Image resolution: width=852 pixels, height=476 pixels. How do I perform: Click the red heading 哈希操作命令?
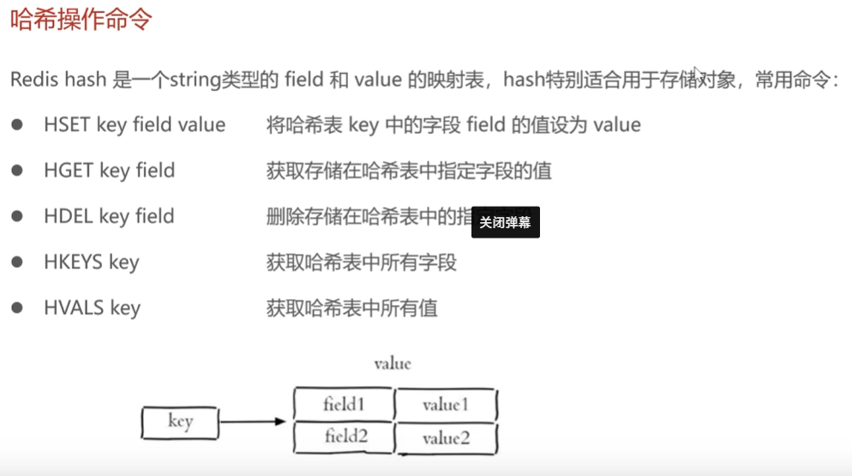coord(81,20)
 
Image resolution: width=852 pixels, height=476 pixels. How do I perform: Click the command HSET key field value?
coord(135,125)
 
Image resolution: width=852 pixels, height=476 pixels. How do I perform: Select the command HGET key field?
coord(109,171)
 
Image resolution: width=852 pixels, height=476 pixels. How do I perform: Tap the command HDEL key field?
coord(109,216)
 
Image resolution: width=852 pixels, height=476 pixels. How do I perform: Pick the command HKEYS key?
coord(91,262)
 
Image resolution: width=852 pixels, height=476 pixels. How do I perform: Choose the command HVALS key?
coord(92,307)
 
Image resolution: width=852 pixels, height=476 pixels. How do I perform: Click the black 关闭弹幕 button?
coord(505,222)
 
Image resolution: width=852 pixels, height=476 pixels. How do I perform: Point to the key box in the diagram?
coord(180,421)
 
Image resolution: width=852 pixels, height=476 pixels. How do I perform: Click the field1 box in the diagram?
coord(344,404)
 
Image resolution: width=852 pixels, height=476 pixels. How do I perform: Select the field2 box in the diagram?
coord(344,437)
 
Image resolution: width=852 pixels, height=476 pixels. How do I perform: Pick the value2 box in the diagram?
coord(446,438)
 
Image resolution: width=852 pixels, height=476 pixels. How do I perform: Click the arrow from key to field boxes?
coord(253,421)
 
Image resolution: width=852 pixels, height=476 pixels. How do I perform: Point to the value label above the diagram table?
coord(392,364)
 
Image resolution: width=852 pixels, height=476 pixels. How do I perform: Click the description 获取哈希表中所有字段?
coord(361,262)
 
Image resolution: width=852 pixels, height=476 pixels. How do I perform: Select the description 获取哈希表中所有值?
coord(351,307)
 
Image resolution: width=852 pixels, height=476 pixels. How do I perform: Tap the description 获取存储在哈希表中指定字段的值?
coord(408,171)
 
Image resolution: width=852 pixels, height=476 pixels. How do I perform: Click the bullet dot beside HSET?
coord(15,125)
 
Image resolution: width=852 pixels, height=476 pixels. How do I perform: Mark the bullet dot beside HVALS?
coord(15,307)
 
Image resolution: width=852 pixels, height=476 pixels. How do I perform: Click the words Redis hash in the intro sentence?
coord(58,80)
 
